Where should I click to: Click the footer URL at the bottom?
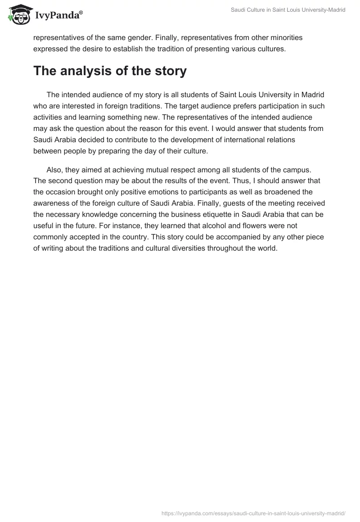click(x=253, y=513)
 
